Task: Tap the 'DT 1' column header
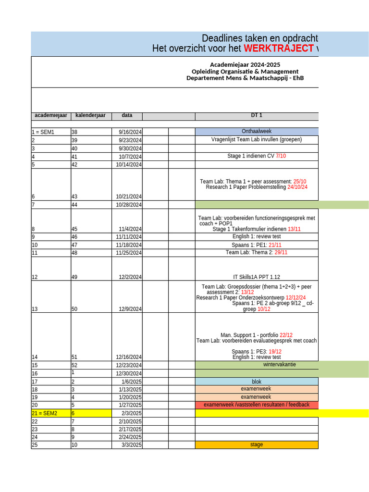[257, 115]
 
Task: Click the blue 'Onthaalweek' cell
[257, 132]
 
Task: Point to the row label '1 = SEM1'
[43, 132]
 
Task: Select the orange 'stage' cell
[257, 445]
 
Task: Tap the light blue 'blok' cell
[257, 382]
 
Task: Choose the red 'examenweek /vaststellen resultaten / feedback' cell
[257, 405]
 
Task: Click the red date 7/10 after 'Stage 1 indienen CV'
[281, 156]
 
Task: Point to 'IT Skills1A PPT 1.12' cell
[257, 277]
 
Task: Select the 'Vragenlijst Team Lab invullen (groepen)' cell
[257, 140]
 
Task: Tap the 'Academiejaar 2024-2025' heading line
[245, 65]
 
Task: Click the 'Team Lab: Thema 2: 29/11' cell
[257, 253]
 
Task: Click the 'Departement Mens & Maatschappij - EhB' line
[245, 78]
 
